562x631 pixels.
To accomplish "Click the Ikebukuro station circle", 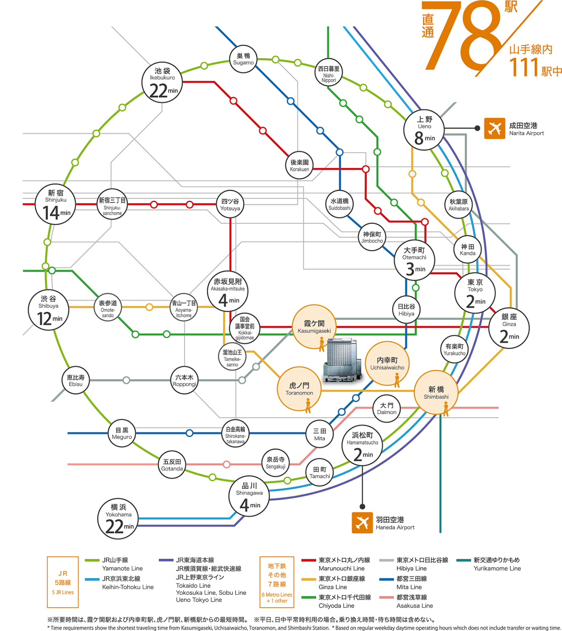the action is pos(162,82).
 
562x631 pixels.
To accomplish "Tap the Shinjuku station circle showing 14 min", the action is pos(55,204).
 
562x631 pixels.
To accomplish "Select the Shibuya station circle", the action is pos(48,310).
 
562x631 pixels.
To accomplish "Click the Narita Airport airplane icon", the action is pos(494,128).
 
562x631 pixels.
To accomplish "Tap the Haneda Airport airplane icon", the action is pos(362,523).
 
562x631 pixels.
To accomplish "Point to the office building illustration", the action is pos(342,360).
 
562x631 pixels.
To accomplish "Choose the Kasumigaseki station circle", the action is pos(314,327).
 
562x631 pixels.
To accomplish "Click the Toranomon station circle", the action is pos(299,389).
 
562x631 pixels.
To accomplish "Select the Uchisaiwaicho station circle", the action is pos(387,363).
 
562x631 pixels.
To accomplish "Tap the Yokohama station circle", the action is pos(118,519).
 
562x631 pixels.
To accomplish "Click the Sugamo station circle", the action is pos(243,59).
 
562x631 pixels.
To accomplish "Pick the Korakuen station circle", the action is pos(299,165).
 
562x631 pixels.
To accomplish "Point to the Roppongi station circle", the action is pos(184,380).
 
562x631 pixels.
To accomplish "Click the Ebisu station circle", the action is pos(75,380).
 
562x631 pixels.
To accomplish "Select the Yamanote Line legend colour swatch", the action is pos(92,560).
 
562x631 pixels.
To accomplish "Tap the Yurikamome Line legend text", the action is pos(497,564).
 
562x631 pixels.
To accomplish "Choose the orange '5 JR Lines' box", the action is pos(63,582).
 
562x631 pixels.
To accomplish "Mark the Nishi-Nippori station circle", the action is pos(328,72).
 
